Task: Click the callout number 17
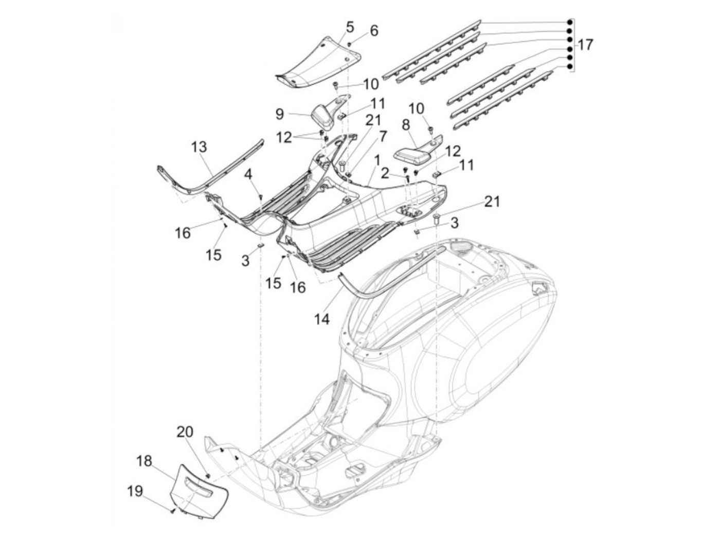coord(584,45)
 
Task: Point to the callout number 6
coord(374,30)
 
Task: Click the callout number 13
coord(199,147)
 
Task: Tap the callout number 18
coord(145,461)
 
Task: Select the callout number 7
coord(382,136)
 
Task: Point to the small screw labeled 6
coord(350,45)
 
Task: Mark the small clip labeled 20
coord(208,474)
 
